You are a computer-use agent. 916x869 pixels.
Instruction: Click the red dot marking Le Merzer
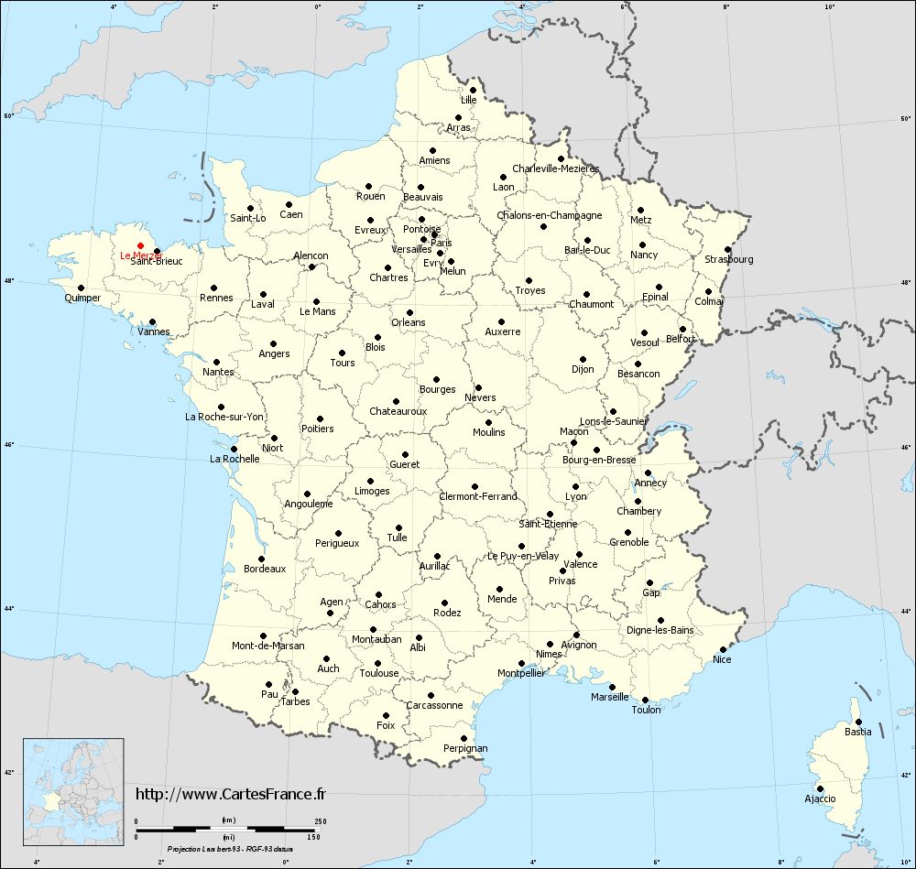pos(139,245)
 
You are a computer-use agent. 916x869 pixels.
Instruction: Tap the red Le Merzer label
pos(140,255)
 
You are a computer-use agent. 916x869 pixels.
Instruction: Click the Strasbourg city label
pos(729,259)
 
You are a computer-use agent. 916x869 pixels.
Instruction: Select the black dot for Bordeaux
pos(261,559)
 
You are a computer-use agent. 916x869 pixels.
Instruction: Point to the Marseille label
pos(610,697)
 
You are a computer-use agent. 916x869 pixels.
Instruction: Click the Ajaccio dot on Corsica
pos(820,788)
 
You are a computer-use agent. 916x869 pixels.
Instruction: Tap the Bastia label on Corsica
pos(857,732)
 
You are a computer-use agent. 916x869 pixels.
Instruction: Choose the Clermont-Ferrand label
pos(478,496)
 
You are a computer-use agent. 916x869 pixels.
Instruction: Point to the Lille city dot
pos(473,90)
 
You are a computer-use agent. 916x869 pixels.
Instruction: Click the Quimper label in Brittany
pos(82,298)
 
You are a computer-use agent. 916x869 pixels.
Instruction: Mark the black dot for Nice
pos(723,649)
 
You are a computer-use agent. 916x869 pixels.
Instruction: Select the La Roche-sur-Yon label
pos(224,417)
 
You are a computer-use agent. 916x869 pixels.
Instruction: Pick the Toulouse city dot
pos(377,663)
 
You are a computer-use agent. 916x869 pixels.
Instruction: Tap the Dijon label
pos(583,369)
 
